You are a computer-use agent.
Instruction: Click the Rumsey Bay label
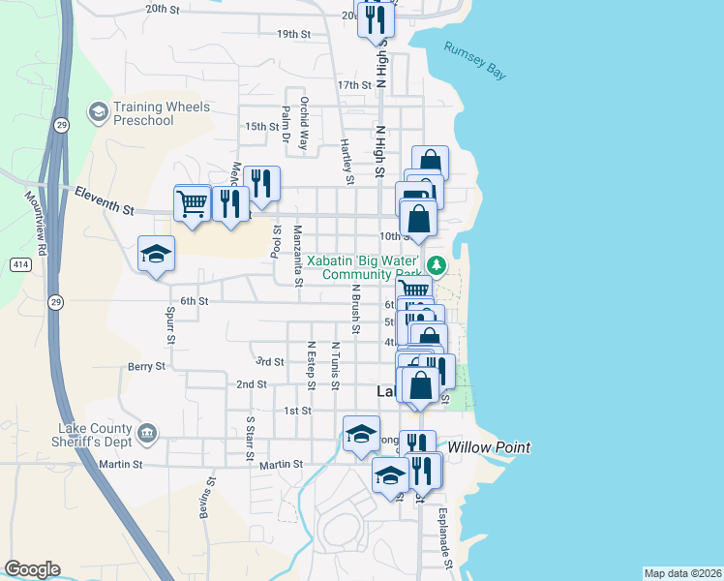click(475, 60)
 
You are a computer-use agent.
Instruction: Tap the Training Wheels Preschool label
click(143, 113)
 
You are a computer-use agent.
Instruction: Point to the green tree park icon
click(437, 263)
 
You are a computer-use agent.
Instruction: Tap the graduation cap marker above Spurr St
click(156, 255)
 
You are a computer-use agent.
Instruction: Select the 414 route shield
click(20, 264)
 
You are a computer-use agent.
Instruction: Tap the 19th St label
click(292, 34)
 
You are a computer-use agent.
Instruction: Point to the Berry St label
click(146, 367)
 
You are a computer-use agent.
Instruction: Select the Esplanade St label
click(444, 538)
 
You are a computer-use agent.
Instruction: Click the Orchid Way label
click(304, 122)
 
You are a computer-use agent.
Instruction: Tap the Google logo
click(32, 569)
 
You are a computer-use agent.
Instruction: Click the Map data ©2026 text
click(681, 573)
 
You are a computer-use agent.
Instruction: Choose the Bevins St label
click(206, 503)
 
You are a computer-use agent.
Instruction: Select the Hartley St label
click(346, 160)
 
